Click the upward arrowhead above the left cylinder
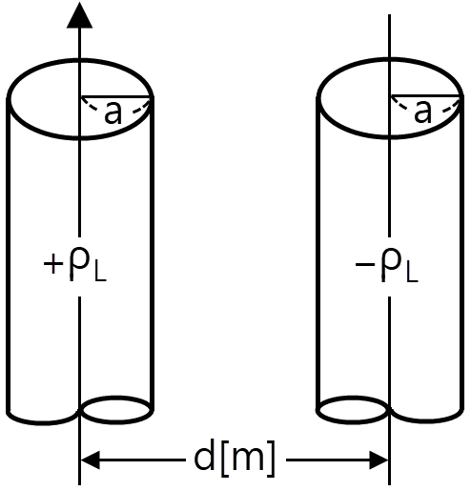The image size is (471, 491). [x=79, y=15]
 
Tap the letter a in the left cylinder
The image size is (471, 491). [x=113, y=113]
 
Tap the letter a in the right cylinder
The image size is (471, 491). [x=423, y=113]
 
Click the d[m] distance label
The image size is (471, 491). [x=235, y=459]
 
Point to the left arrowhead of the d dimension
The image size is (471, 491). [x=91, y=460]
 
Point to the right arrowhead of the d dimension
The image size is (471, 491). [x=379, y=460]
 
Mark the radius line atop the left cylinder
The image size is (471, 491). [x=116, y=95]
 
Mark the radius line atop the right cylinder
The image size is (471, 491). [x=426, y=95]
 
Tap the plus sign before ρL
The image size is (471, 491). [x=52, y=264]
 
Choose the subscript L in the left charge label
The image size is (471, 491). [x=100, y=271]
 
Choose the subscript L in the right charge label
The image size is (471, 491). [x=412, y=271]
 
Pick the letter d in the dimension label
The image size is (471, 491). [x=204, y=456]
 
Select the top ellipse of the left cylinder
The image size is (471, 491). [x=80, y=59]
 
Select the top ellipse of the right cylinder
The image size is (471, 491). [x=390, y=59]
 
